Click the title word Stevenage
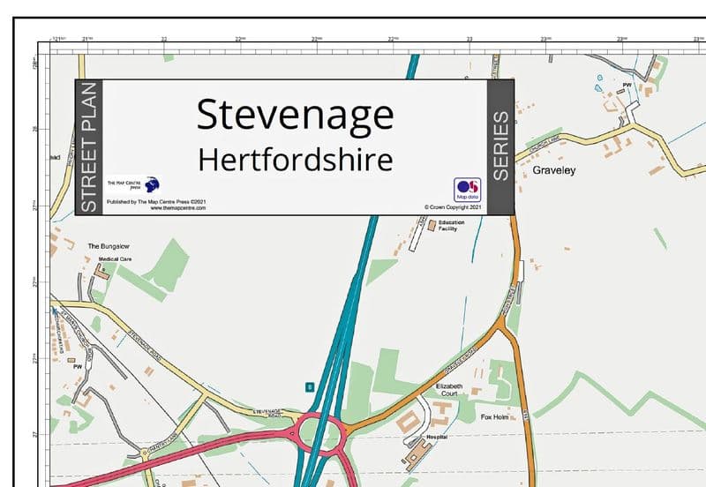pos(295,116)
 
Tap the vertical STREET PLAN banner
pos(88,146)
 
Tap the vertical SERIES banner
pos(500,146)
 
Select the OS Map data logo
pos(467,190)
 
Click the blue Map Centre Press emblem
pos(152,184)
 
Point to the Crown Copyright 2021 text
pos(452,207)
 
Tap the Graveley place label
pos(553,170)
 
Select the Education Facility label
pos(451,226)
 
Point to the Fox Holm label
pos(496,416)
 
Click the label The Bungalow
pos(109,245)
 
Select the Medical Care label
pos(115,259)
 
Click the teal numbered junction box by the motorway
pos(309,386)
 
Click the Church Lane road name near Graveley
pos(544,144)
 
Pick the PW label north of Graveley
pos(627,86)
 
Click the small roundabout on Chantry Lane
pos(145,453)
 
